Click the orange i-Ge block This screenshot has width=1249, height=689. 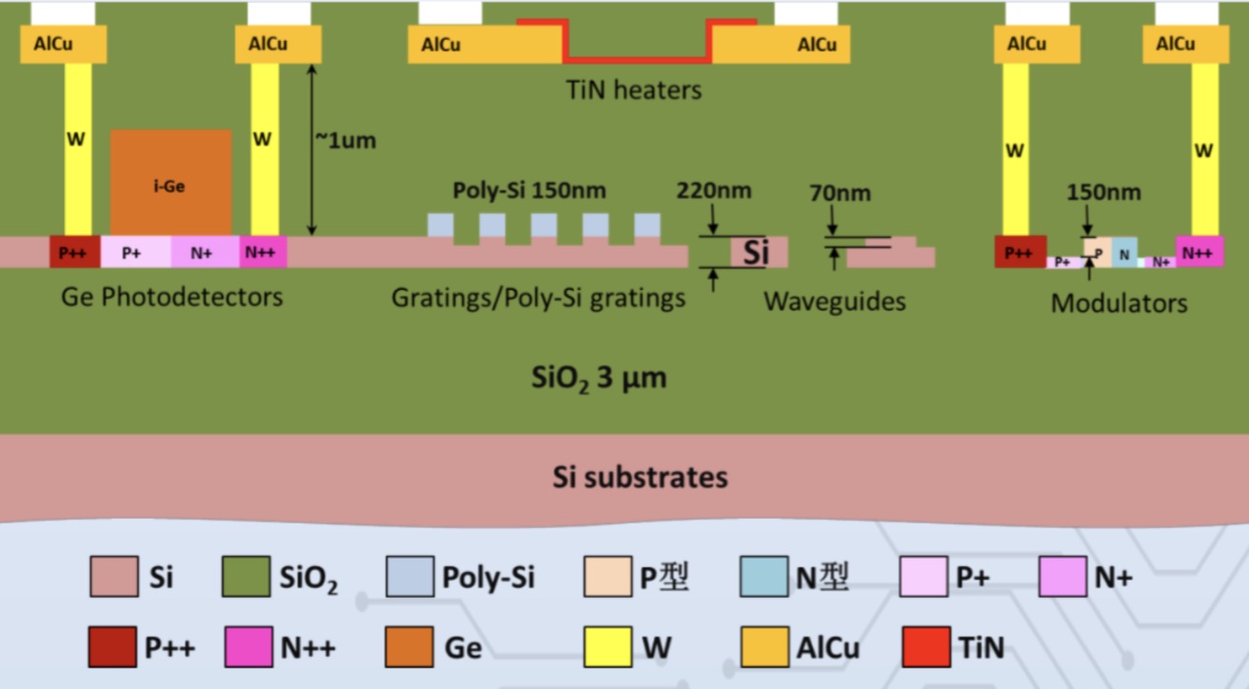(x=170, y=181)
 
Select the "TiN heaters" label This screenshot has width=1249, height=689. (x=633, y=90)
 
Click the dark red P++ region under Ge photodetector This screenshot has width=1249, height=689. (x=74, y=252)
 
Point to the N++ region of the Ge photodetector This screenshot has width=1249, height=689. (x=263, y=252)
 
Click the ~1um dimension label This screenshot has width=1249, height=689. (x=346, y=141)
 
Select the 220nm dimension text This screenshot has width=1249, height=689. (x=713, y=190)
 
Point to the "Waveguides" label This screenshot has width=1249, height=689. (x=834, y=303)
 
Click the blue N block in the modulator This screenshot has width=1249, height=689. (x=1124, y=254)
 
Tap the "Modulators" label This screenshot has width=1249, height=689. (x=1119, y=304)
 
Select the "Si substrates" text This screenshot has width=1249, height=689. (x=640, y=477)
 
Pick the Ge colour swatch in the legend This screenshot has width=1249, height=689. (x=409, y=647)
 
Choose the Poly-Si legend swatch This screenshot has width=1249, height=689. (x=409, y=577)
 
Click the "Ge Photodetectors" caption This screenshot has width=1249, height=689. (x=171, y=297)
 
